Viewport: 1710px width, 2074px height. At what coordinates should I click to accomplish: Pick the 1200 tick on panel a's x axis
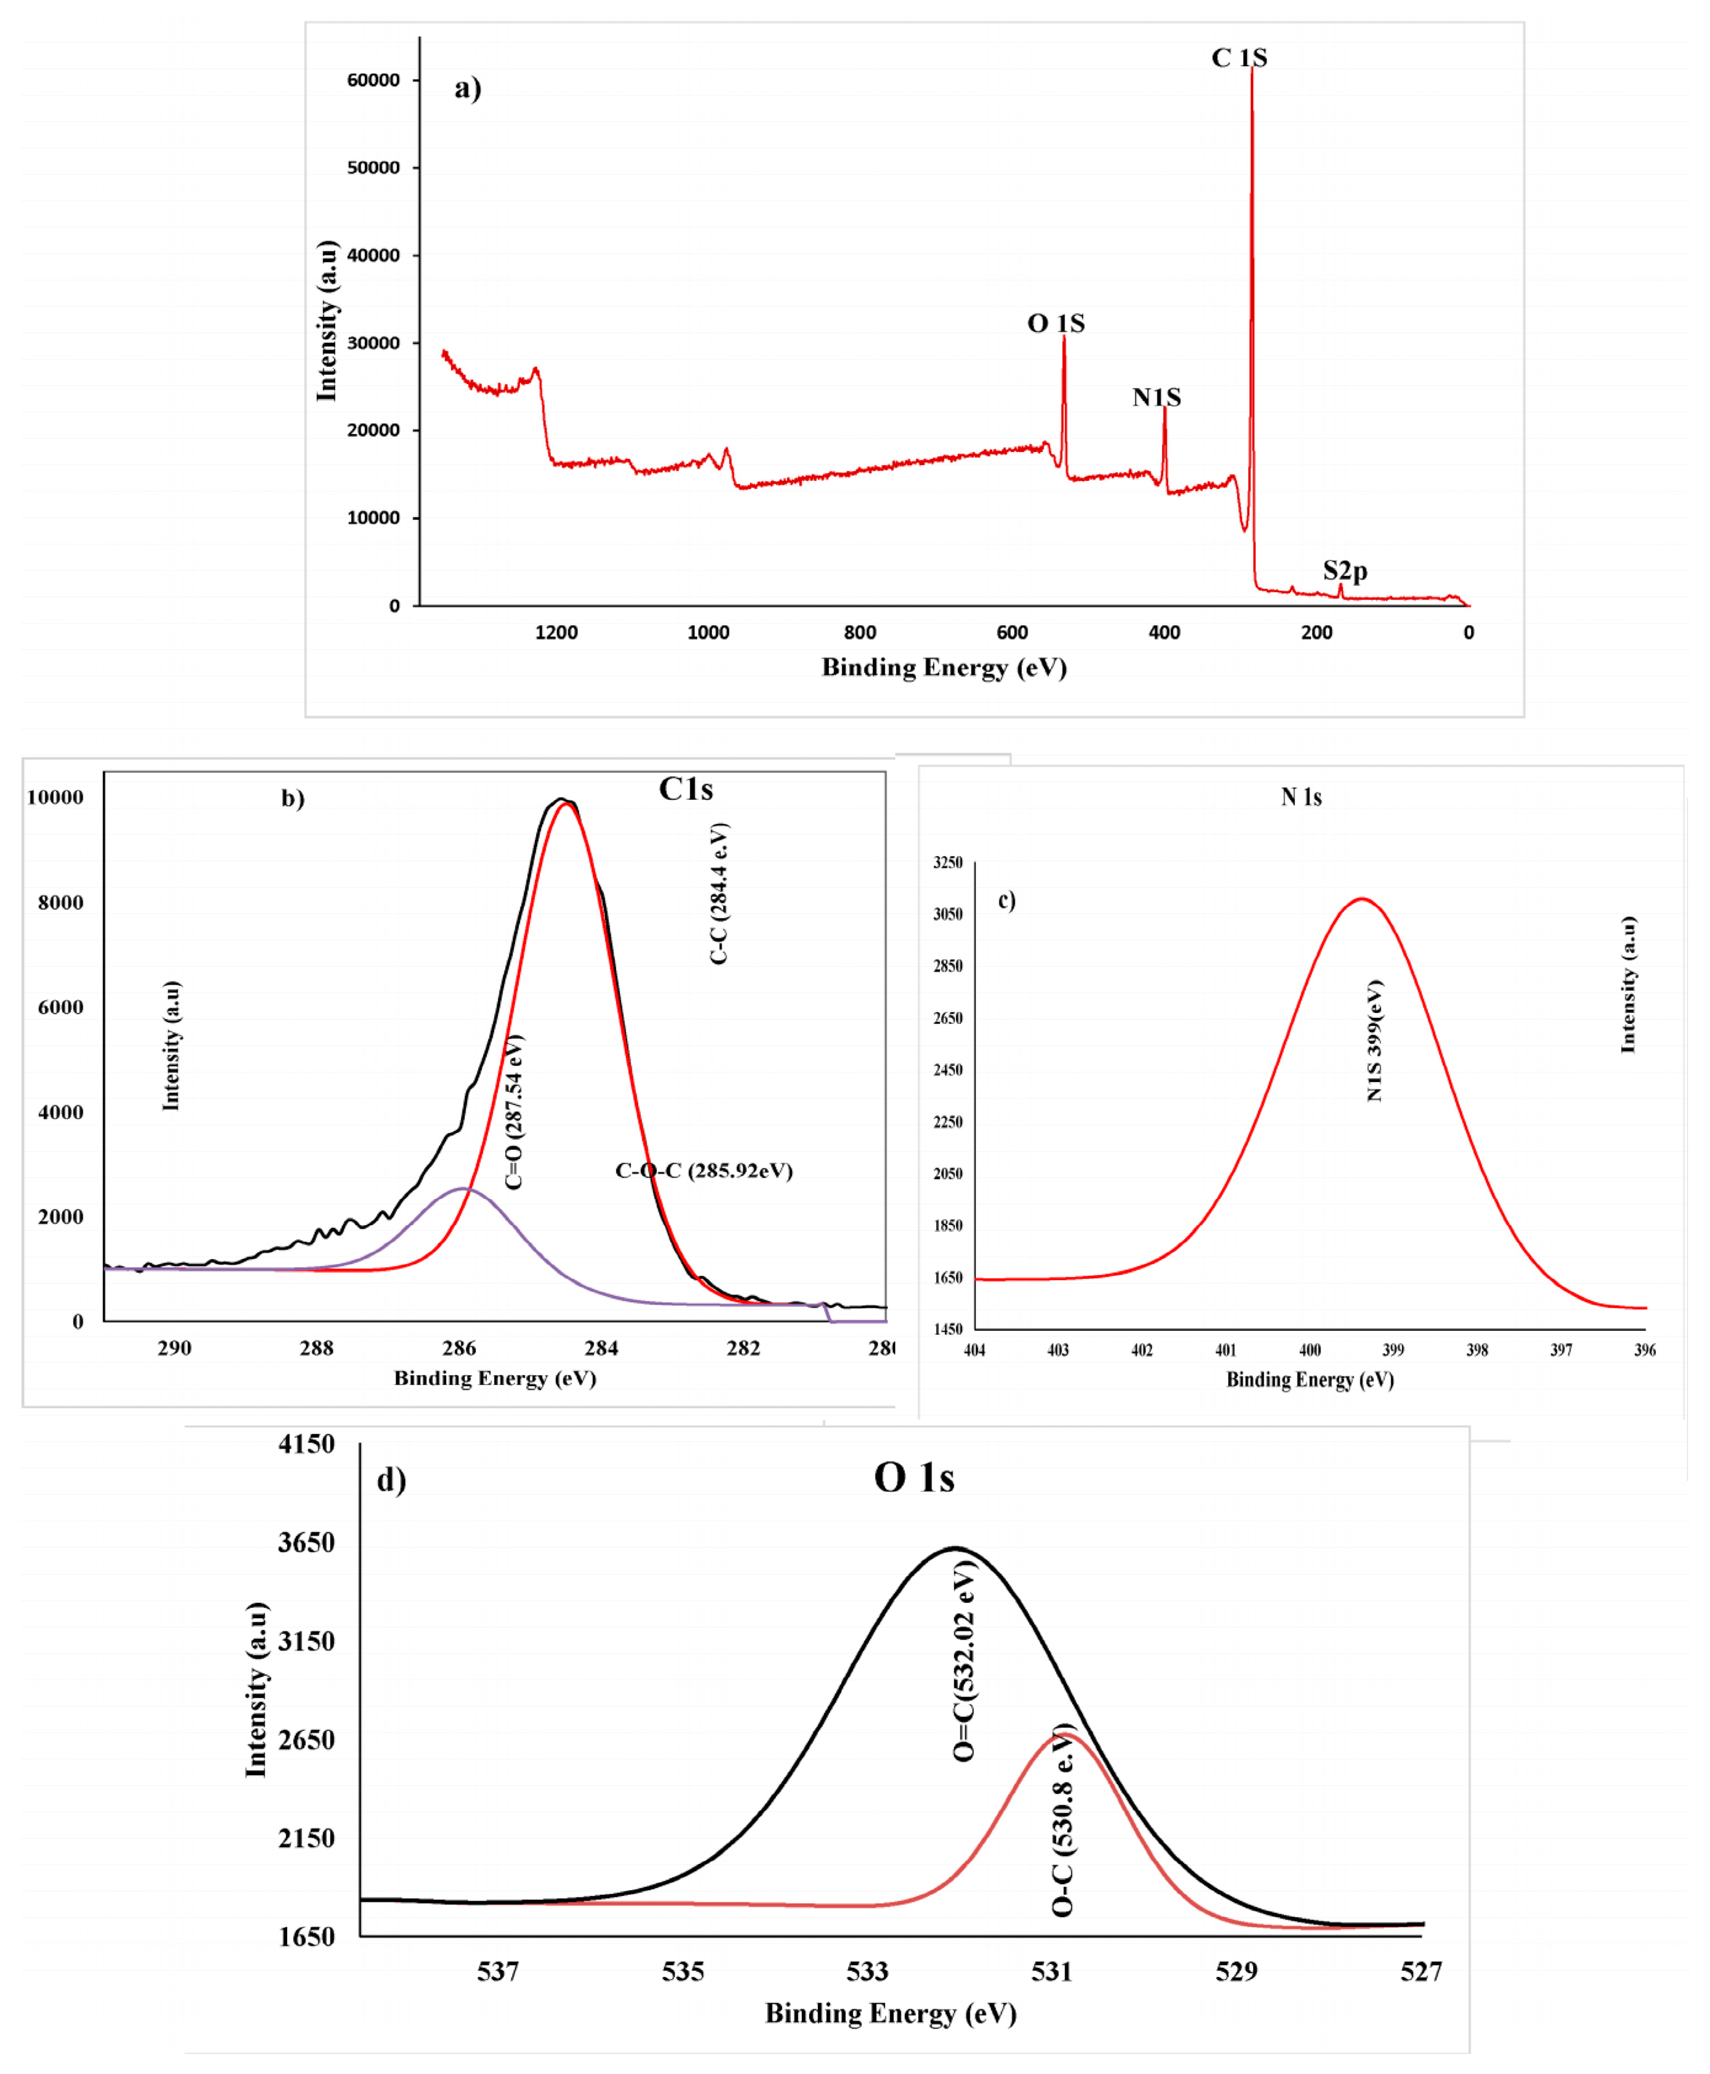[556, 632]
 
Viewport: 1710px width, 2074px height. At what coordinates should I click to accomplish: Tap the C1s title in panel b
[686, 789]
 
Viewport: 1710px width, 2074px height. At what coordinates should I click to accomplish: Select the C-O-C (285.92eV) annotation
[704, 1170]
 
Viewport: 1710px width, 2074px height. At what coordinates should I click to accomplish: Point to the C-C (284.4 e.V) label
[719, 893]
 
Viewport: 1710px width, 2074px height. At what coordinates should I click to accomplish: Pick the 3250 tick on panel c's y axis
[947, 863]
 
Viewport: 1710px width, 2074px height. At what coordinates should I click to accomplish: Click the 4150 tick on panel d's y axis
[306, 1445]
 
